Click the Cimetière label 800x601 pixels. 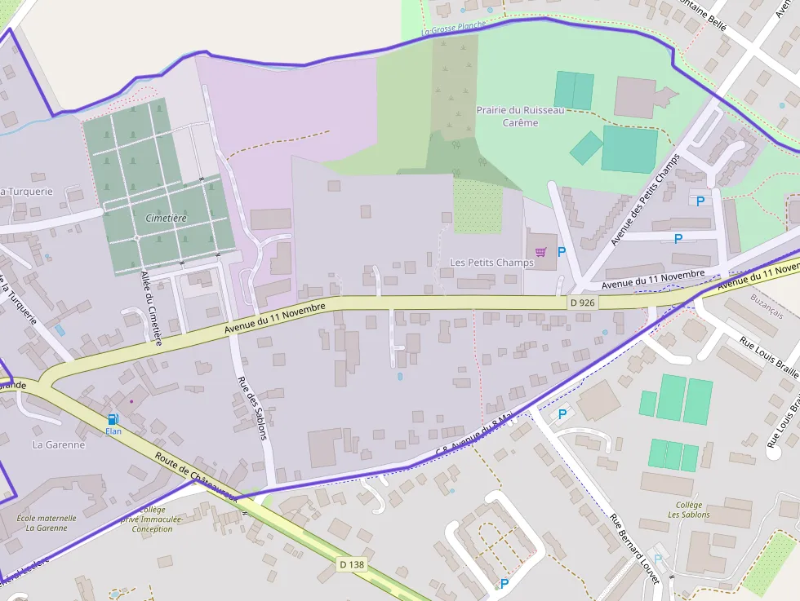[x=166, y=218]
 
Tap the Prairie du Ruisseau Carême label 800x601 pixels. [x=520, y=116]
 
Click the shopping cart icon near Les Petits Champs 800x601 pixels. [x=540, y=251]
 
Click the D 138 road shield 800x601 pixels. [x=351, y=564]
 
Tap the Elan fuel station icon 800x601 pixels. [x=113, y=419]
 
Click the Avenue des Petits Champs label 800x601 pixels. [x=646, y=199]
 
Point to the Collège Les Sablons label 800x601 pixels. [x=688, y=510]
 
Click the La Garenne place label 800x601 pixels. [x=59, y=444]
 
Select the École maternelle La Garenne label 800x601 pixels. [x=46, y=522]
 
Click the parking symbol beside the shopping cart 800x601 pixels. [x=561, y=252]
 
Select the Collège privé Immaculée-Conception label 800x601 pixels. [x=147, y=519]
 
